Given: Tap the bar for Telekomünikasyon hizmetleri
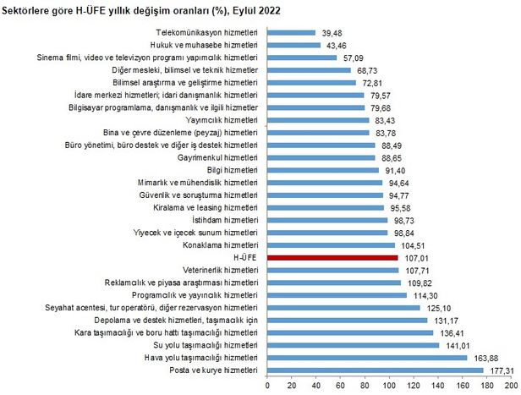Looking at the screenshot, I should point(291,31).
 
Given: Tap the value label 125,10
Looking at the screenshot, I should point(436,307).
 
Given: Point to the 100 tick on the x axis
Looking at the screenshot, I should point(389,386).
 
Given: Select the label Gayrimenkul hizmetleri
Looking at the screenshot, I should point(217,157).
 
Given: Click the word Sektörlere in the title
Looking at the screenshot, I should point(31,9).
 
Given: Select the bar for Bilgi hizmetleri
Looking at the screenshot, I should point(323,170).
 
